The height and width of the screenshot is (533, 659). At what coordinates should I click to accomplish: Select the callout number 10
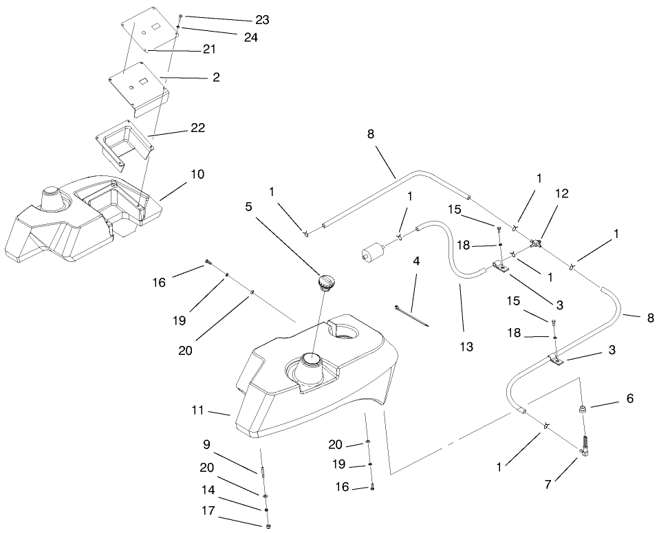tap(197, 174)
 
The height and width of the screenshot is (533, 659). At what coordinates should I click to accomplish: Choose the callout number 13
tap(467, 347)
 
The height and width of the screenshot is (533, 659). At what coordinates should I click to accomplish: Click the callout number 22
tap(197, 128)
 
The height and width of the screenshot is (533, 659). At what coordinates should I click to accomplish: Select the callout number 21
tap(209, 50)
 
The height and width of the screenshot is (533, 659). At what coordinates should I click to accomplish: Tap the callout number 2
tap(216, 78)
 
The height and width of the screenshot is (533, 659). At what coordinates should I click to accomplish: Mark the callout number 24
tap(250, 38)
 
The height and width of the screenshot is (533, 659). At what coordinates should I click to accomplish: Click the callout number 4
tap(417, 261)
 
